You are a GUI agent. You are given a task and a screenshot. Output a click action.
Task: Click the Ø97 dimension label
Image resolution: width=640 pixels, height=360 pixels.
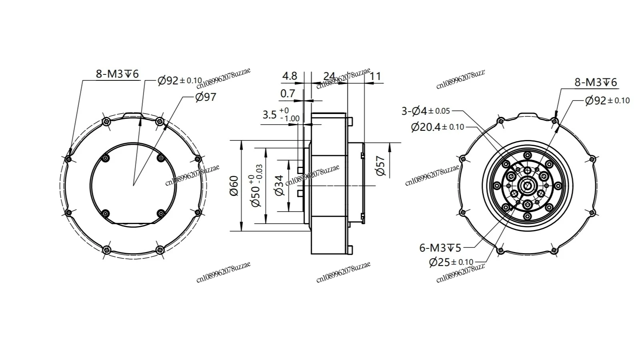pos(206,97)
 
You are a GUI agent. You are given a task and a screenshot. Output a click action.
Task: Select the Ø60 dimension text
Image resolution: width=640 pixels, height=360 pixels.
pos(234,186)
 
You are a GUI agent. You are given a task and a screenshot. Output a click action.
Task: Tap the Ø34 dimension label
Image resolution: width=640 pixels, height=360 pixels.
pos(280,185)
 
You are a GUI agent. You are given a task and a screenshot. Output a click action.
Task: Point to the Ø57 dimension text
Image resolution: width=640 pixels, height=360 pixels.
pos(381,166)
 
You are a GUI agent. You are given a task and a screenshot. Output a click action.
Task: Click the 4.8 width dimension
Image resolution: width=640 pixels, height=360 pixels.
pos(290,76)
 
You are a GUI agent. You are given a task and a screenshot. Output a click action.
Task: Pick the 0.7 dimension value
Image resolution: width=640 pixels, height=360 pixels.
pos(287,93)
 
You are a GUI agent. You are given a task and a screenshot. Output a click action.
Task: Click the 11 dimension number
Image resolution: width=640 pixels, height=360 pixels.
pos(375,76)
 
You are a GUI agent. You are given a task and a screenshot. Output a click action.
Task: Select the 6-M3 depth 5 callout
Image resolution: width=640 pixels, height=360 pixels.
pos(440,248)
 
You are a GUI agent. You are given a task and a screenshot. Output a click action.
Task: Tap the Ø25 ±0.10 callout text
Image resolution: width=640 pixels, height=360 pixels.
pos(451,262)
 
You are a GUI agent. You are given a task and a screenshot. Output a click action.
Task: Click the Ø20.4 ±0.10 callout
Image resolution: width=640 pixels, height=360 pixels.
pos(437,127)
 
